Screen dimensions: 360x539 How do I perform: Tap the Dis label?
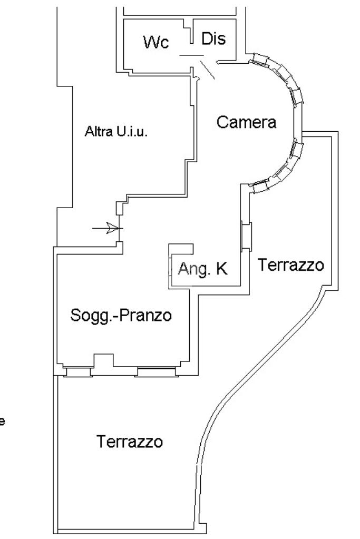click(x=213, y=39)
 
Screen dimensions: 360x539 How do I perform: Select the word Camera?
click(x=246, y=122)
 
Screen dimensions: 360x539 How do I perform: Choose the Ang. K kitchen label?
click(x=202, y=269)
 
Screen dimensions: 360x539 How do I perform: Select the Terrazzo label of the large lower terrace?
click(x=130, y=441)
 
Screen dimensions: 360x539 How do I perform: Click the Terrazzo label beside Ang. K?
click(x=290, y=264)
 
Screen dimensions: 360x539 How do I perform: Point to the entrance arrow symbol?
click(x=108, y=228)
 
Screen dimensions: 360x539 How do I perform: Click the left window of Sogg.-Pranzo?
click(x=78, y=372)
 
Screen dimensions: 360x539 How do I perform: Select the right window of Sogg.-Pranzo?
click(x=155, y=373)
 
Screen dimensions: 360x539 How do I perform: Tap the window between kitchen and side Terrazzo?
click(x=246, y=236)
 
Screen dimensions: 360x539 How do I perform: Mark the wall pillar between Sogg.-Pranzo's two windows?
click(x=103, y=361)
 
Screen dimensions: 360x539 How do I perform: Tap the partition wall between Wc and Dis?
click(x=192, y=32)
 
